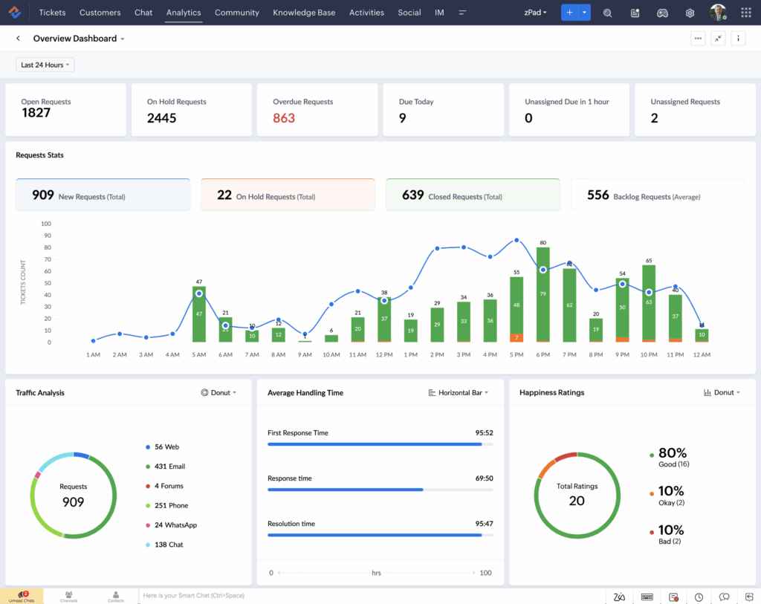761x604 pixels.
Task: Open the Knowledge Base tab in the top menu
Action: [x=304, y=13]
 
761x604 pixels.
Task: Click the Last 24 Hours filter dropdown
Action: [x=45, y=65]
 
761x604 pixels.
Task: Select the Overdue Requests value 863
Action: [x=284, y=118]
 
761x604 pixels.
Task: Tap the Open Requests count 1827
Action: [x=36, y=113]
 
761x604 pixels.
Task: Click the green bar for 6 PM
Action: [x=543, y=297]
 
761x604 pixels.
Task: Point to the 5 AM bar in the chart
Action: [x=198, y=314]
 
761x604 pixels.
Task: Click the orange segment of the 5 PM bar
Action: [x=516, y=338]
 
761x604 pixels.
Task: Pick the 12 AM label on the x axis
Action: [x=701, y=355]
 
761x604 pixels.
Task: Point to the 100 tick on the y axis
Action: [x=46, y=224]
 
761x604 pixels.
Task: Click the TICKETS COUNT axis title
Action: [x=23, y=282]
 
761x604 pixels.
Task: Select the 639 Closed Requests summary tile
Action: [x=472, y=195]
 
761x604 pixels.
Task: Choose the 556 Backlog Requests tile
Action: [x=657, y=195]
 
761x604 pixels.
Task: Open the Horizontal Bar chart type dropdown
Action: [x=459, y=392]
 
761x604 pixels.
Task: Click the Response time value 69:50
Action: [x=484, y=478]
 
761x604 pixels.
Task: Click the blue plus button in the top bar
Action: [x=569, y=13]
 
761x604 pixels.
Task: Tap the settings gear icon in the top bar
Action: [x=690, y=13]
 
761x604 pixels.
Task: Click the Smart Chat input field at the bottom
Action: [x=297, y=596]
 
